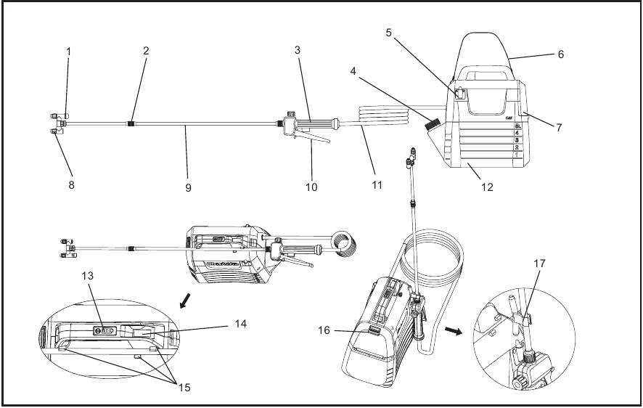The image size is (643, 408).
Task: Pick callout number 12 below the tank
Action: [x=488, y=186]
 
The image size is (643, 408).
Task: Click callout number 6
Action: [x=560, y=54]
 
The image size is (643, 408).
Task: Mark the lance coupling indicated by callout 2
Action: [x=131, y=124]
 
